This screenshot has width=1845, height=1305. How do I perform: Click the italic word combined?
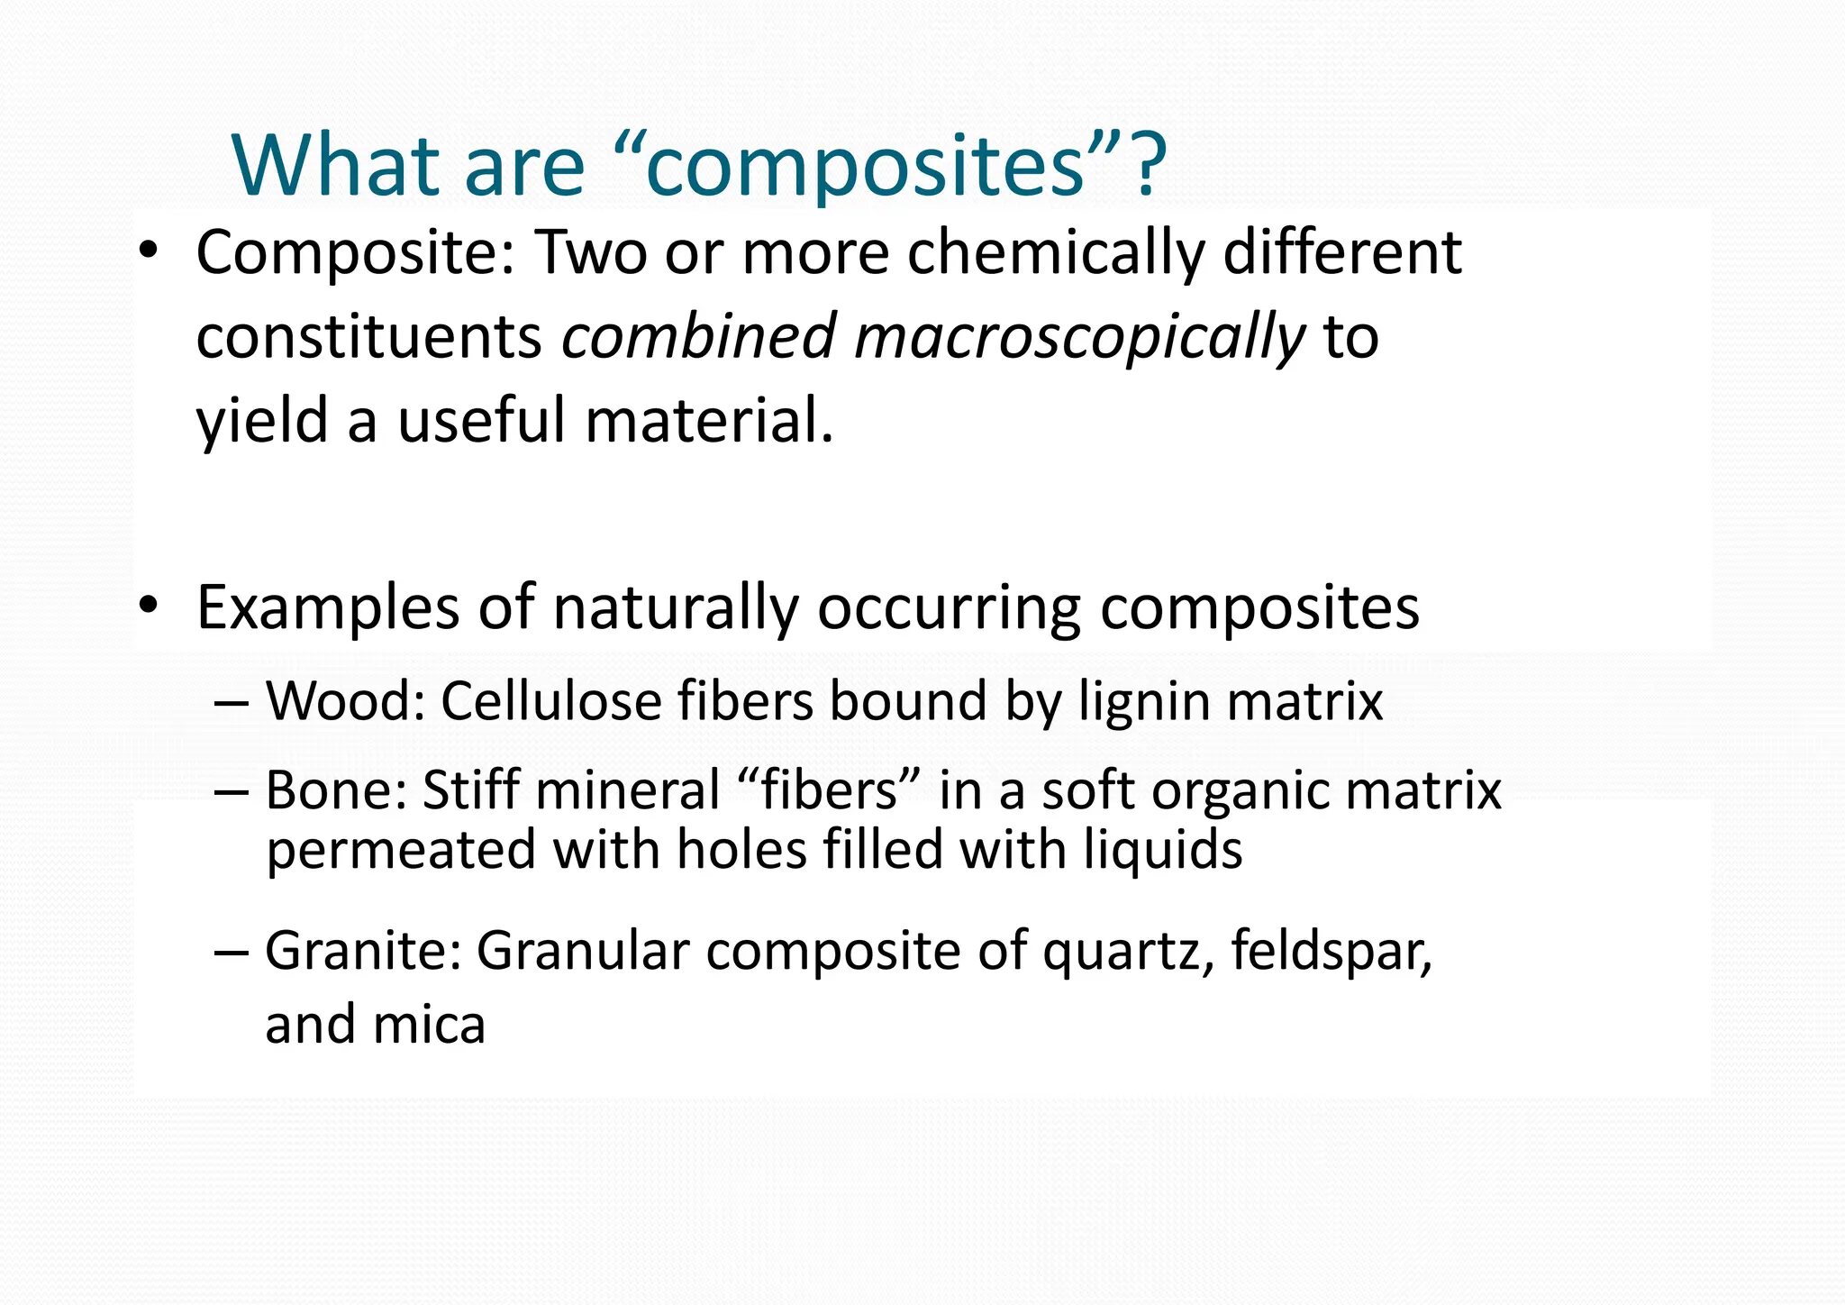698,336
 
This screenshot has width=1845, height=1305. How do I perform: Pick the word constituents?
368,338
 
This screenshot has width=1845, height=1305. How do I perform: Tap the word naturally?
676,609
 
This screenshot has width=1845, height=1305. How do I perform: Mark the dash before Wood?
232,703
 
